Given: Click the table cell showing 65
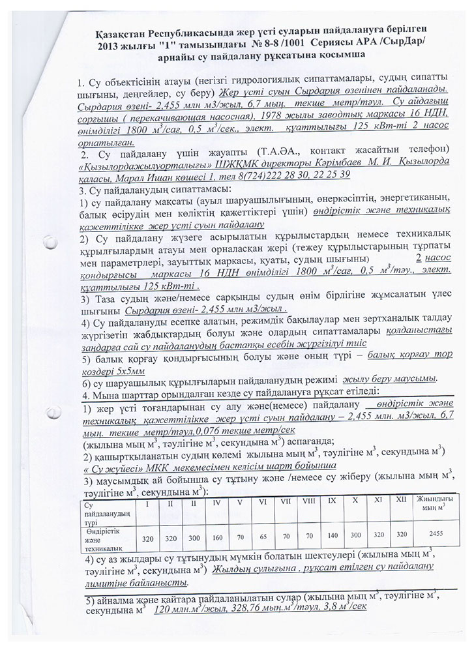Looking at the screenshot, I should point(263,531).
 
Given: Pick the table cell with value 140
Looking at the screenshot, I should point(333,531).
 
